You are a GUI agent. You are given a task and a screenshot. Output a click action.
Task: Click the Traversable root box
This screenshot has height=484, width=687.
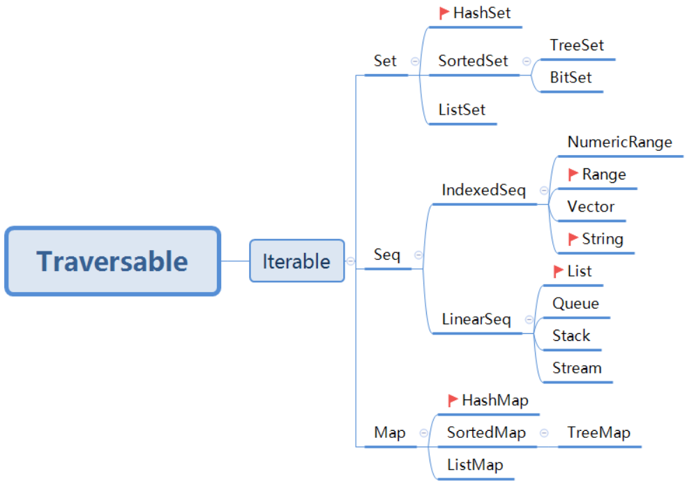pyautogui.click(x=112, y=261)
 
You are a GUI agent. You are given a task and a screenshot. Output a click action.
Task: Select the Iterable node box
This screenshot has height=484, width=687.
pyautogui.click(x=296, y=261)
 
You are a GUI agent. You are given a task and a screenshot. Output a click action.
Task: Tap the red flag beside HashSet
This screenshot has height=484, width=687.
pyautogui.click(x=444, y=13)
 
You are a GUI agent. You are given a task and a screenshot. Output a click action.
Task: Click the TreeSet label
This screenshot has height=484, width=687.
pyautogui.click(x=576, y=45)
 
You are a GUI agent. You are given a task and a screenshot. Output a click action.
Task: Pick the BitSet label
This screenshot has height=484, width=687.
pyautogui.click(x=570, y=78)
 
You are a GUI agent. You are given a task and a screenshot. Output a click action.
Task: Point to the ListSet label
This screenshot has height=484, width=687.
pyautogui.click(x=462, y=110)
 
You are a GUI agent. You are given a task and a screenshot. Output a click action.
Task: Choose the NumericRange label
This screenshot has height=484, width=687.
pyautogui.click(x=619, y=142)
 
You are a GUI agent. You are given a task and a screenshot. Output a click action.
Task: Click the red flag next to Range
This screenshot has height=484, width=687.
pyautogui.click(x=573, y=174)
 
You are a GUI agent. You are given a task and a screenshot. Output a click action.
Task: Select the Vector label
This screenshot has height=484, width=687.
pyautogui.click(x=591, y=207)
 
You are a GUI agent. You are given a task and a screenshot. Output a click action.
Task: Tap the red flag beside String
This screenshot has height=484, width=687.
pyautogui.click(x=573, y=239)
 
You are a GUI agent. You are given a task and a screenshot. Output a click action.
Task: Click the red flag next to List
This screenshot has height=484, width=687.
pyautogui.click(x=559, y=270)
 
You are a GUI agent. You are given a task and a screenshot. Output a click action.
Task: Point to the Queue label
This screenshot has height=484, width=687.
pyautogui.click(x=575, y=303)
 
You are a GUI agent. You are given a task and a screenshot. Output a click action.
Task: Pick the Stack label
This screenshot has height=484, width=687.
pyautogui.click(x=571, y=335)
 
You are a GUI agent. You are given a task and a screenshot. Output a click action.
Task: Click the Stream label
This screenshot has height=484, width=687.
pyautogui.click(x=577, y=368)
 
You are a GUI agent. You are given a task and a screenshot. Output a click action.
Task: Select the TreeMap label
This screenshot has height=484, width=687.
pyautogui.click(x=598, y=432)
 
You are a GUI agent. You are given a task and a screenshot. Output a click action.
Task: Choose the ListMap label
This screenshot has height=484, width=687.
pyautogui.click(x=475, y=464)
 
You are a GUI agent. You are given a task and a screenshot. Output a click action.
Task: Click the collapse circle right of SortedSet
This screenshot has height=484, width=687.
pyautogui.click(x=525, y=61)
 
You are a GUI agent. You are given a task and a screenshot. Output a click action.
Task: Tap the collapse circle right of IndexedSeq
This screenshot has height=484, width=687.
pyautogui.click(x=543, y=191)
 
